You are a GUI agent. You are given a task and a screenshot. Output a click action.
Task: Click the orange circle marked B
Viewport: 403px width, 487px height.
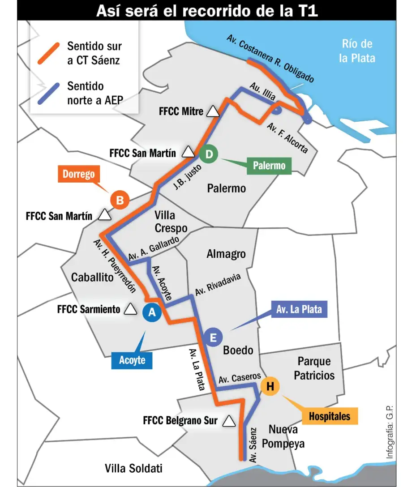point(120,200)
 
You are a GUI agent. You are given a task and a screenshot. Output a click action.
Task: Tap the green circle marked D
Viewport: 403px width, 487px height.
point(208,154)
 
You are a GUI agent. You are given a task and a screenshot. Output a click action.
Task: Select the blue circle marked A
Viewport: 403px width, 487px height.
point(152,312)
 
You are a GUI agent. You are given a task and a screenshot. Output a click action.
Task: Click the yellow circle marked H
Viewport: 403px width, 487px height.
point(270,386)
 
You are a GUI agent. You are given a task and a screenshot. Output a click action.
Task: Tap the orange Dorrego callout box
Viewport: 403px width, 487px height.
point(78,174)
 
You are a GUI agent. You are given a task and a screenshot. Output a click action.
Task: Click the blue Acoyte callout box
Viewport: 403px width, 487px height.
point(132,360)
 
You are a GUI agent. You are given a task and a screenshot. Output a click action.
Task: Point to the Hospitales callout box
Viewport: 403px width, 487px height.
point(329,416)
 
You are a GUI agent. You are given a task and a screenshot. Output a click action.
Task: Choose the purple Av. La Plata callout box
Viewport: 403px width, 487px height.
point(299,309)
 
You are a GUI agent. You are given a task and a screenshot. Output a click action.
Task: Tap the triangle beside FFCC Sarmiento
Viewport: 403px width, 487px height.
point(130,309)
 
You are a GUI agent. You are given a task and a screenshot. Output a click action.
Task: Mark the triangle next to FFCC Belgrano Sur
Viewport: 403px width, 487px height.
point(229,421)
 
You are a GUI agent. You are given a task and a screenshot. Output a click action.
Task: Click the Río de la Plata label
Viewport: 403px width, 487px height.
point(357,51)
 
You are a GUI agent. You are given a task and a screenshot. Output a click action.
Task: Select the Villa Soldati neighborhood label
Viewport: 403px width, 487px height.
point(133,468)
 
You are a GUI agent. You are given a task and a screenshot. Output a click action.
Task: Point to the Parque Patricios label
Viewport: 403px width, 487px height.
point(314,368)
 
